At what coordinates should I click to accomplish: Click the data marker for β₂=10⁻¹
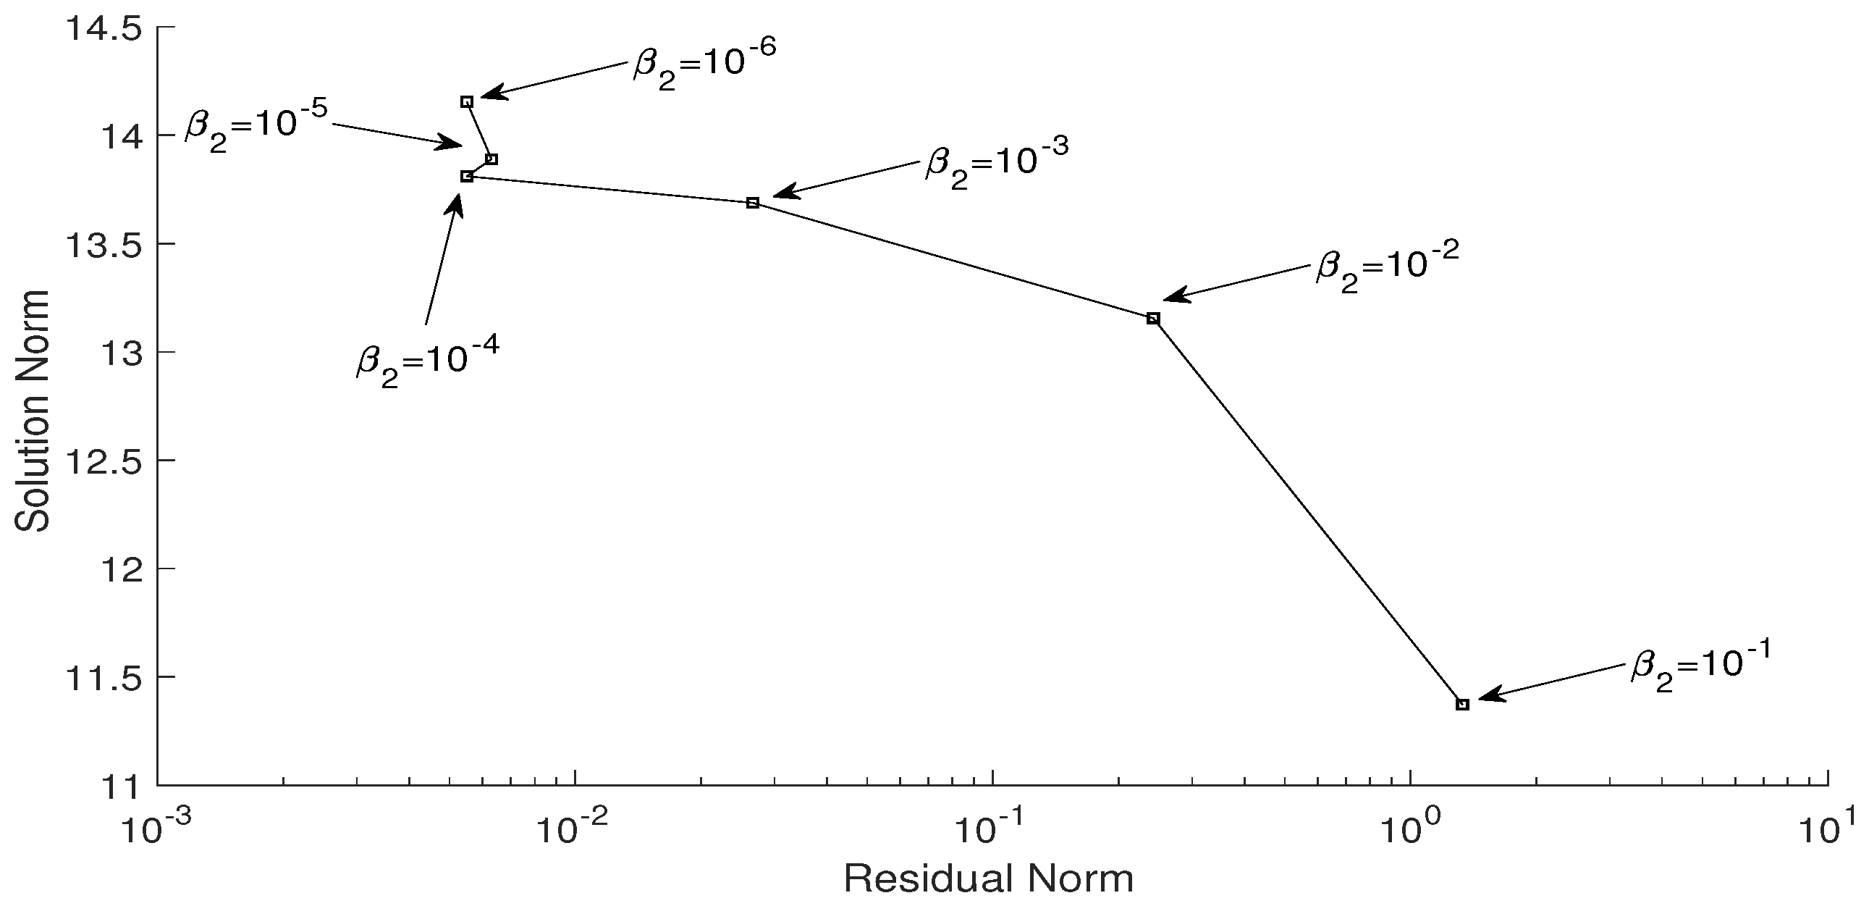pos(1463,704)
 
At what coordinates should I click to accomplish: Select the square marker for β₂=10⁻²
pos(1154,319)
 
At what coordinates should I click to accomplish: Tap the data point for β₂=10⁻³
pos(753,203)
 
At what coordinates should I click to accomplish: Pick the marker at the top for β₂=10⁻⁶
pos(468,101)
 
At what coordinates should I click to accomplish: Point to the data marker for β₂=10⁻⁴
pos(468,177)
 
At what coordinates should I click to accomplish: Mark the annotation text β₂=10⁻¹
pos(1700,665)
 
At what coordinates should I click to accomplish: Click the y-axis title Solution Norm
pos(33,410)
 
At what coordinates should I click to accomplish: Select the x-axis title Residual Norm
pos(988,879)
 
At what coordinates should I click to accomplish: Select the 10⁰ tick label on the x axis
pos(1408,829)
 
